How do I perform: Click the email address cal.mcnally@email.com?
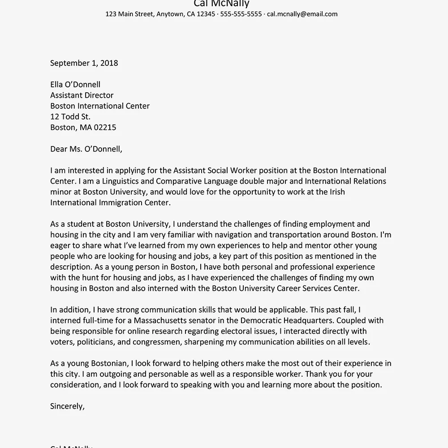click(302, 14)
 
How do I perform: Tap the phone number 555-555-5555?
click(241, 14)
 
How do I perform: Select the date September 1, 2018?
click(84, 63)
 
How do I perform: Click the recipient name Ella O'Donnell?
click(75, 85)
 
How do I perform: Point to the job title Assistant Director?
click(82, 95)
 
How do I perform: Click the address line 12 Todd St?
click(70, 117)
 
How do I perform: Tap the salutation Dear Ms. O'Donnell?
click(86, 149)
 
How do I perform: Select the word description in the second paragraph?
click(71, 267)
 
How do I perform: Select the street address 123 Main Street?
click(130, 14)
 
